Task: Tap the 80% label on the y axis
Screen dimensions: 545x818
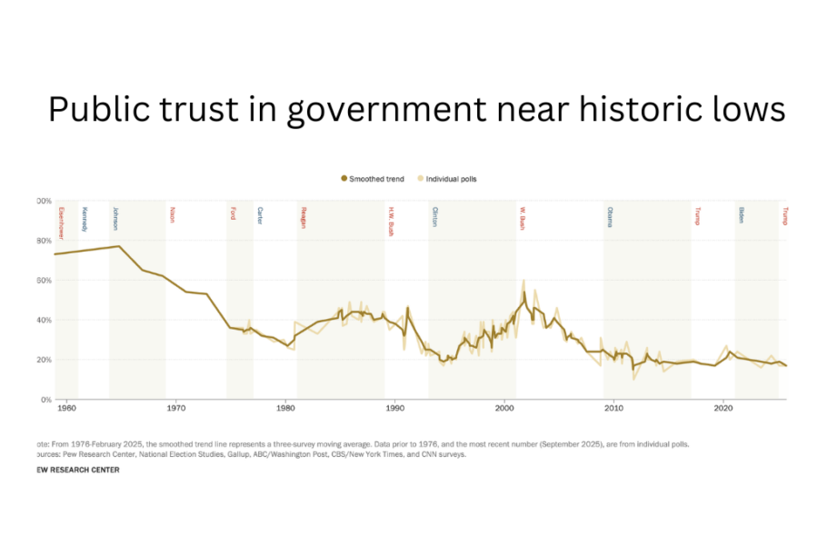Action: click(x=45, y=241)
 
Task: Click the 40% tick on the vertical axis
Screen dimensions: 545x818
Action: click(x=45, y=320)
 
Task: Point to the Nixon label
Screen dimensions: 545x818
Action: click(x=172, y=214)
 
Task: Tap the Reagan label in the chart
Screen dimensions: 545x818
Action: click(x=303, y=218)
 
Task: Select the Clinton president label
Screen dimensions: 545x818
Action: click(x=434, y=216)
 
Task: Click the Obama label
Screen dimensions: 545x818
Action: click(x=609, y=216)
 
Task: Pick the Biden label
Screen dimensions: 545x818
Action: click(x=741, y=214)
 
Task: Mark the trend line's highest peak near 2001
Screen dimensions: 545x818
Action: click(x=524, y=292)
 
